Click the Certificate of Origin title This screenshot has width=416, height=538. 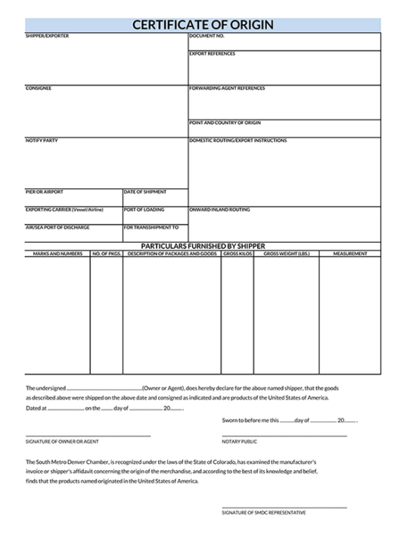pos(203,25)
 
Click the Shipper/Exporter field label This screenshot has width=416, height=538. pos(47,36)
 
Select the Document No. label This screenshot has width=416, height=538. pos(206,36)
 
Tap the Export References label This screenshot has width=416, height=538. pos(212,54)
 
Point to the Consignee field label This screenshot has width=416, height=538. pos(39,89)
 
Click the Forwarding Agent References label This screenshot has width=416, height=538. pos(227,89)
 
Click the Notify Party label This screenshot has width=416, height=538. pos(42,141)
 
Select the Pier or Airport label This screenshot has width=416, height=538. pos(45,192)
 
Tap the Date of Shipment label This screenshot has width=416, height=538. pos(145,192)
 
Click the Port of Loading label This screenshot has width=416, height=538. pos(144,210)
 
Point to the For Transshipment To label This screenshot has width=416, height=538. pos(151,227)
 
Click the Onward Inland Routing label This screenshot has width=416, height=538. pos(219,210)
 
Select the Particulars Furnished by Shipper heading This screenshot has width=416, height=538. pos(203,246)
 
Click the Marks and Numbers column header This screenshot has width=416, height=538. pos(57,253)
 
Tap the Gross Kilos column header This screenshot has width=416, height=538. pos(237,253)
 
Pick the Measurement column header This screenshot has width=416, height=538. pos(350,253)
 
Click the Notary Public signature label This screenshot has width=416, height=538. pos(240,441)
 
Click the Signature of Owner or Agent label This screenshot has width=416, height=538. pos(62,441)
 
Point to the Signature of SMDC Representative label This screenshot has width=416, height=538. pos(264,512)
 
